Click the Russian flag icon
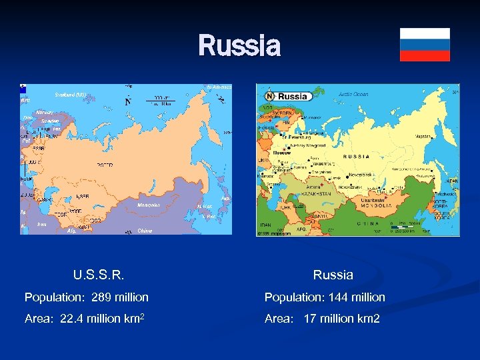click(x=425, y=45)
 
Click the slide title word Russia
click(x=239, y=46)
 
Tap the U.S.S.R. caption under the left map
click(x=99, y=275)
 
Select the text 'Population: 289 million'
click(x=87, y=297)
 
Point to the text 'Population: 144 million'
click(x=325, y=297)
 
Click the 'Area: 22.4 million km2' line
click(x=85, y=319)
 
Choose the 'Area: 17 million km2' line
click(x=322, y=319)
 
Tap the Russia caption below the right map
click(x=333, y=275)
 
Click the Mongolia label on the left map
click(x=149, y=205)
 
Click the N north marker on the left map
click(x=128, y=103)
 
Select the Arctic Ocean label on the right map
click(x=353, y=95)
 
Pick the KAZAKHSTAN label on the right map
click(x=316, y=193)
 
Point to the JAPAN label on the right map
click(x=452, y=181)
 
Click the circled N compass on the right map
click(x=270, y=96)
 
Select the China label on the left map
click(x=145, y=231)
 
